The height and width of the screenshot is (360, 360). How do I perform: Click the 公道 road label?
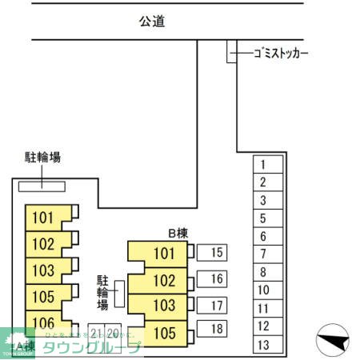coord(151,22)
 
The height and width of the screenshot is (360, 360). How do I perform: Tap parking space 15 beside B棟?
coord(215,254)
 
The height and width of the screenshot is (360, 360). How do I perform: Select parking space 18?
coord(215,329)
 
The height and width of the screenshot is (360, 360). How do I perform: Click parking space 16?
coord(215,278)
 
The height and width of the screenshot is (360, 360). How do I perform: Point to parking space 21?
coord(96,333)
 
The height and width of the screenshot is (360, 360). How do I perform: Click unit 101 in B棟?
coord(163,254)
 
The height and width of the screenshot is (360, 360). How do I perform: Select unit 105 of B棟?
coord(163,332)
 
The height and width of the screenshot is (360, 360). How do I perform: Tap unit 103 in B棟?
coord(163,306)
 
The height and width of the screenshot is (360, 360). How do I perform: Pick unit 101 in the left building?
coord(44,217)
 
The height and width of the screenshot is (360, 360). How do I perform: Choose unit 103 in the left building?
coord(44,270)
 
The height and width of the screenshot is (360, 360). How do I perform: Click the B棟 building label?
coord(177,233)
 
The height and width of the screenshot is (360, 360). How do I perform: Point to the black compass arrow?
coord(334,342)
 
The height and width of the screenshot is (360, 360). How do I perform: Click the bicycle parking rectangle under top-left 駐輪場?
coord(42,186)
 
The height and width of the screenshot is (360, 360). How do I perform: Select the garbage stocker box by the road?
coord(231,52)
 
